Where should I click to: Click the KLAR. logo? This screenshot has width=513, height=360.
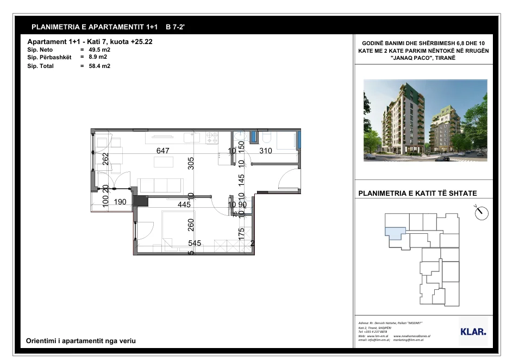473,331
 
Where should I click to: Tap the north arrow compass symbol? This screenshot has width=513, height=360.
481,213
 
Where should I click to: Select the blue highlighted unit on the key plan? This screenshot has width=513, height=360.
395,232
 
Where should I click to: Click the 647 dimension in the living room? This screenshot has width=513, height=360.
163,151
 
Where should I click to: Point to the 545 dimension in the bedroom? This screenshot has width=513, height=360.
195,244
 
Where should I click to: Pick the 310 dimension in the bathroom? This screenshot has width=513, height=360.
265,151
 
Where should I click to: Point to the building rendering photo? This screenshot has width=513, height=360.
425,120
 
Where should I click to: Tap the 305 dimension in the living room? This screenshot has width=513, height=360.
191,163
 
